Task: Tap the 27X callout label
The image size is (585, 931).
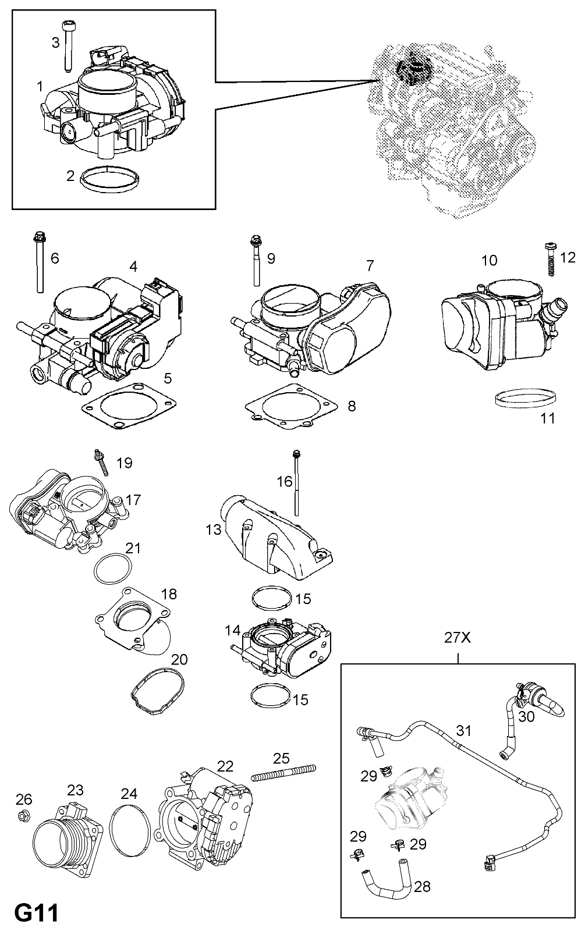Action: click(458, 638)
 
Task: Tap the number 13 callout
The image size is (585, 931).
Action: click(213, 529)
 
